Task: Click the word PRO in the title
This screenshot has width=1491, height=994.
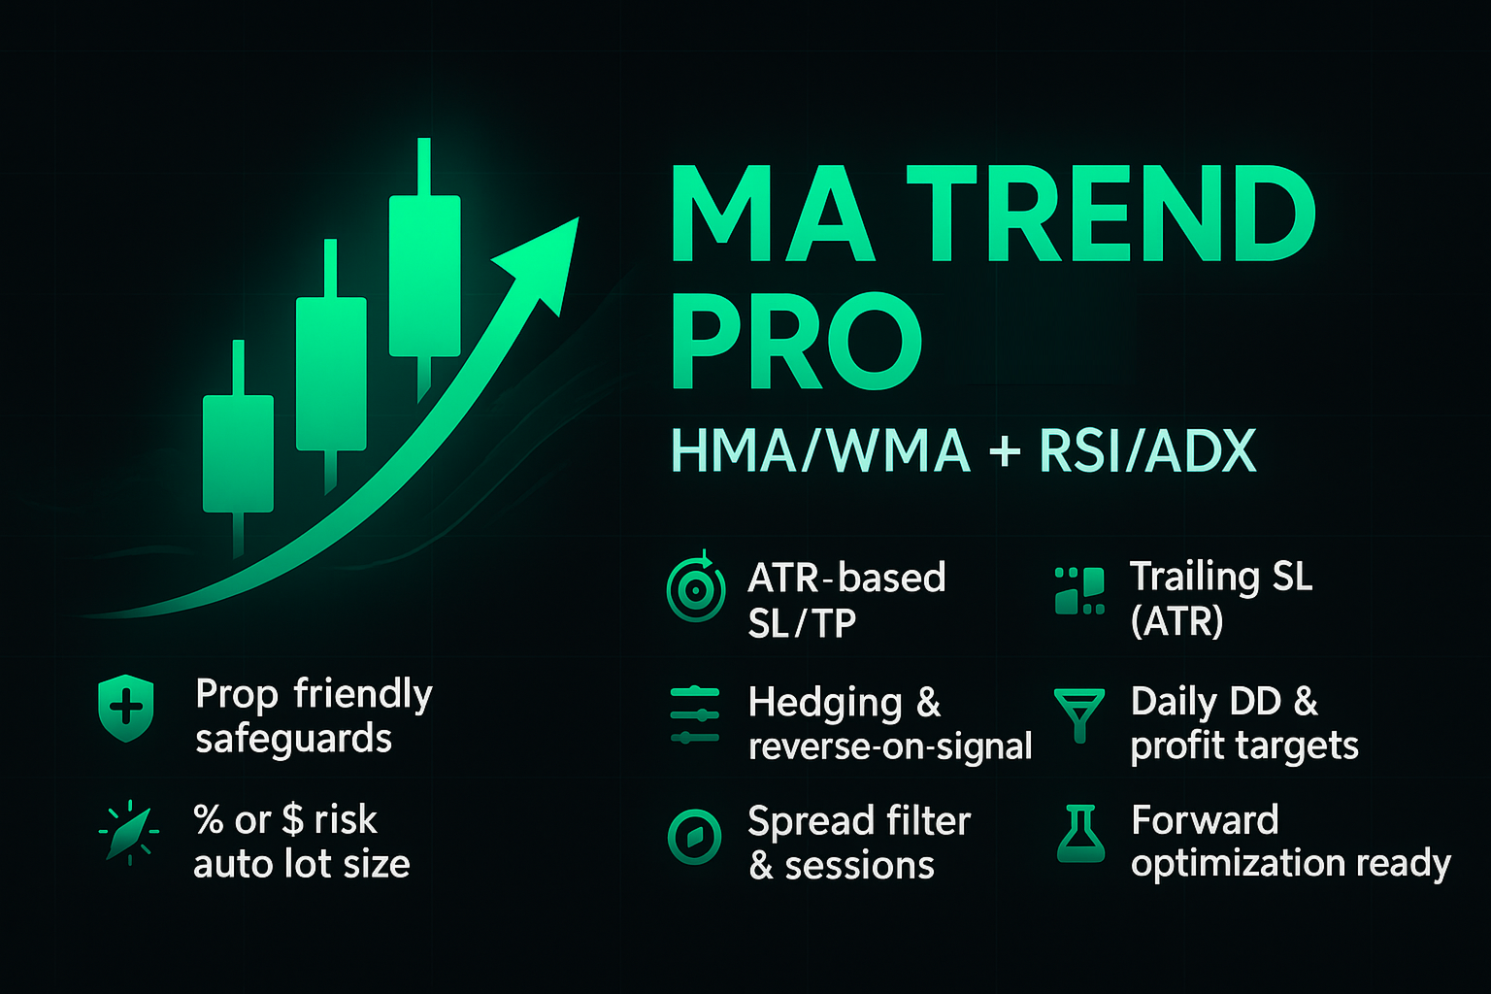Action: pos(796,340)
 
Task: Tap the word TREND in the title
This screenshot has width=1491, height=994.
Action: pos(1110,214)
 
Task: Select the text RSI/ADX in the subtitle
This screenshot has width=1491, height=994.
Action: pos(1147,450)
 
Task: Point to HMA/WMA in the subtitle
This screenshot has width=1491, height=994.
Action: pos(820,450)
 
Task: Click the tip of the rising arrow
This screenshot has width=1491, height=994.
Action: pos(578,217)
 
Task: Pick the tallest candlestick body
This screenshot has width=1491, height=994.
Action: pos(424,276)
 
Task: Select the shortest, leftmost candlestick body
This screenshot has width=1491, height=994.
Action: pos(238,453)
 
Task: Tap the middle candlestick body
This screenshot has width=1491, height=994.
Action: pos(331,374)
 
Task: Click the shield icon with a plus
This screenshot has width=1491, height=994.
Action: pos(126,708)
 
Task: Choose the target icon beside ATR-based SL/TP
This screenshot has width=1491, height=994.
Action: pos(696,588)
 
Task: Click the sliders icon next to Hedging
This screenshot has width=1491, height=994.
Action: pos(695,715)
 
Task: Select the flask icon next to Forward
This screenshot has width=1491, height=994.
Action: pos(1080,834)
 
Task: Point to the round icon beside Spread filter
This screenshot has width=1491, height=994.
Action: pos(695,837)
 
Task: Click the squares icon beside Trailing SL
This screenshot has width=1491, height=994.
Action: pos(1079,590)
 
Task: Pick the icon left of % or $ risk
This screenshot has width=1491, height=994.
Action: pos(129,833)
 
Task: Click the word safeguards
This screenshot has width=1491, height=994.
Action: pos(293,739)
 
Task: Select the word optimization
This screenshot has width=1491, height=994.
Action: pos(1238,864)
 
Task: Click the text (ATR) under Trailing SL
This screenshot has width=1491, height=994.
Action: pos(1176,621)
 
